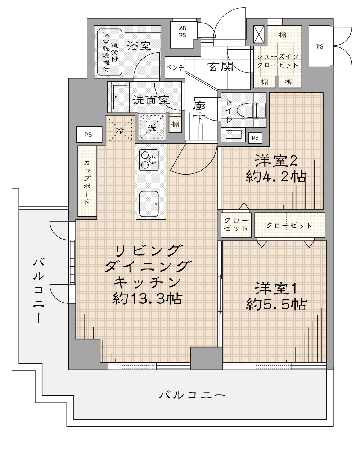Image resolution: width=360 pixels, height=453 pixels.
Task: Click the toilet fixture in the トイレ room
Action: pos(251,110)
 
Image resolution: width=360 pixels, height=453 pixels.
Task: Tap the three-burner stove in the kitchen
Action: pos(149,160)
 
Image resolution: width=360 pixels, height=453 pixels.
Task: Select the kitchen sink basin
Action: pos(149,204)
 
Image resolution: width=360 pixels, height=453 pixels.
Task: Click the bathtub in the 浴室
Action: pos(109,52)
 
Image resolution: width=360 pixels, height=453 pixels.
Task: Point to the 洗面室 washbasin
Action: pos(120,97)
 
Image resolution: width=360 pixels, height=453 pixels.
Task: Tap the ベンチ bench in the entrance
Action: pos(175,67)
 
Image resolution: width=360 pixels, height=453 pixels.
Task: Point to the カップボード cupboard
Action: pos(87,181)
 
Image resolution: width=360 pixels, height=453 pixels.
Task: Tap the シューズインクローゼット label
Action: pos(278,61)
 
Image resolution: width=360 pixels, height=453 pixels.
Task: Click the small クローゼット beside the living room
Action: pos(236,225)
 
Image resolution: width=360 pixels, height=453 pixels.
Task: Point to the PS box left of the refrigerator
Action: pos(89,135)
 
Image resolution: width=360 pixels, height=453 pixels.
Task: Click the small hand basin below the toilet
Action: pos(233,134)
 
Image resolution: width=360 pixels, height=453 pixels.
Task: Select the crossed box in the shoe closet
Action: pos(259,34)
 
